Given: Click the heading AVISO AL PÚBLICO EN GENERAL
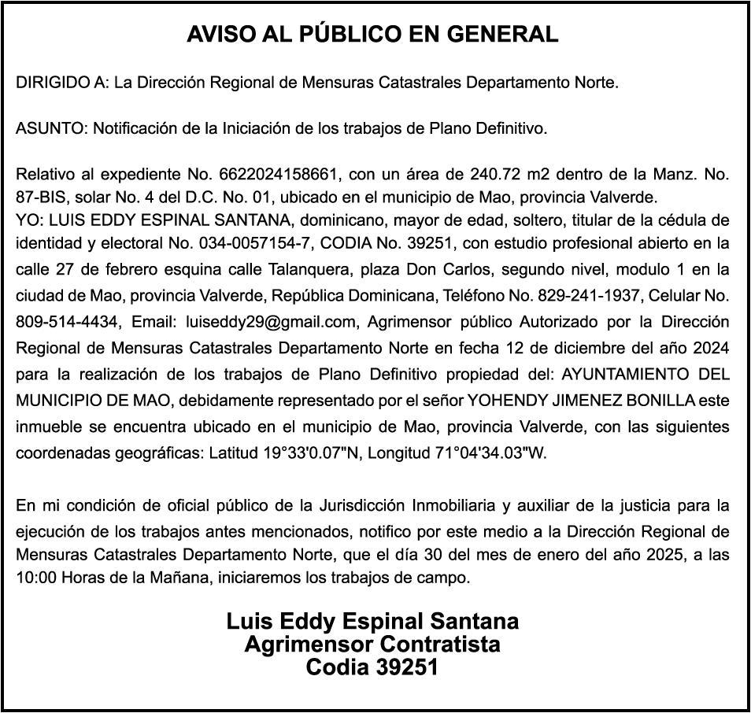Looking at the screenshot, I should point(372,35).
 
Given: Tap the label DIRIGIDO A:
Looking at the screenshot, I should point(63,83).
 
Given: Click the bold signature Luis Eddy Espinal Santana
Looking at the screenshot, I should point(372,622).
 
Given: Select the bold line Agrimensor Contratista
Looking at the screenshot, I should point(372,645).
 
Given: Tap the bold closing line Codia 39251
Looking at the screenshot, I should point(372,668).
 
